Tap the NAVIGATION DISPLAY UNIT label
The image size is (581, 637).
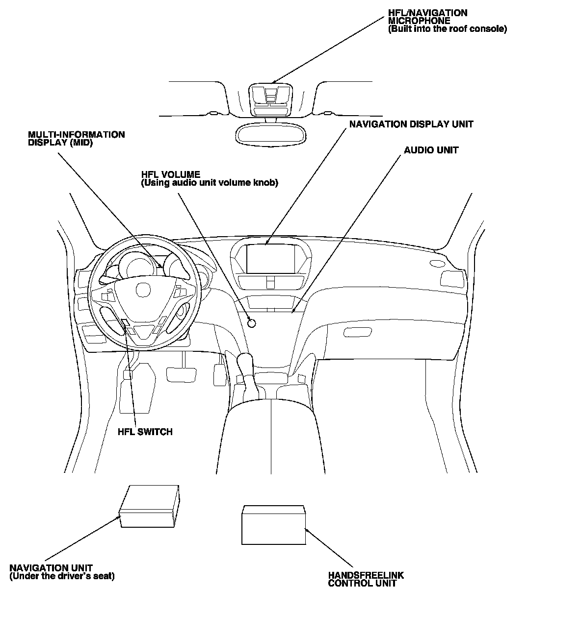point(411,124)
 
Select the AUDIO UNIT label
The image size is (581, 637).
point(431,150)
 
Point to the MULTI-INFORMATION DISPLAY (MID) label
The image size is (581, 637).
point(76,139)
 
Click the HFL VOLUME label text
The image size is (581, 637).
point(170,174)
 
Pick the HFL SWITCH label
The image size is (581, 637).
point(145,432)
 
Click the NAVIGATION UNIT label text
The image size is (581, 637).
point(51,568)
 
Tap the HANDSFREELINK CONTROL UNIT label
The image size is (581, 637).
point(366,579)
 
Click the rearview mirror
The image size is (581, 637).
point(270,134)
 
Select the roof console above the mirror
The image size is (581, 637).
point(270,98)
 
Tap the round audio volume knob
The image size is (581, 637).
point(252,323)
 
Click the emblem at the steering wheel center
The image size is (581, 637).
point(143,290)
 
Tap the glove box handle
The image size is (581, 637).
point(364,332)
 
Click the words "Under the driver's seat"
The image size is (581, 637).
point(62,576)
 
